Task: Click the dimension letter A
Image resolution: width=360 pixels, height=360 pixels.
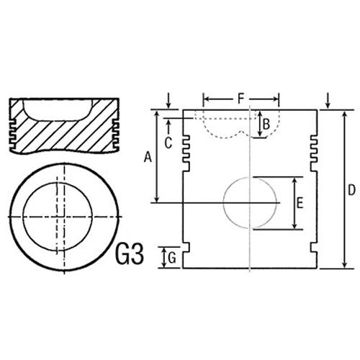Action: [x=148, y=158]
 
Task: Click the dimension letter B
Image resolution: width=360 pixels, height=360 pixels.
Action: [x=266, y=125]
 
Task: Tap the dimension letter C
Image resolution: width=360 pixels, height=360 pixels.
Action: [x=168, y=143]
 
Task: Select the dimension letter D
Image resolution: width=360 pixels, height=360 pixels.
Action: [x=351, y=190]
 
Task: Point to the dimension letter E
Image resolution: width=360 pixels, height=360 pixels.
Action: [x=300, y=203]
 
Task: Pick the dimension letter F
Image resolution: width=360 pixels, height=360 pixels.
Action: [x=240, y=99]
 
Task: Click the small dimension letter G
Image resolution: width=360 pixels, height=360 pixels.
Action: [x=172, y=258]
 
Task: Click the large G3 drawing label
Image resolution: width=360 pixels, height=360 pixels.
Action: [x=130, y=254]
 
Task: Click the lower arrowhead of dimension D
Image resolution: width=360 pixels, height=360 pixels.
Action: [x=345, y=264]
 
